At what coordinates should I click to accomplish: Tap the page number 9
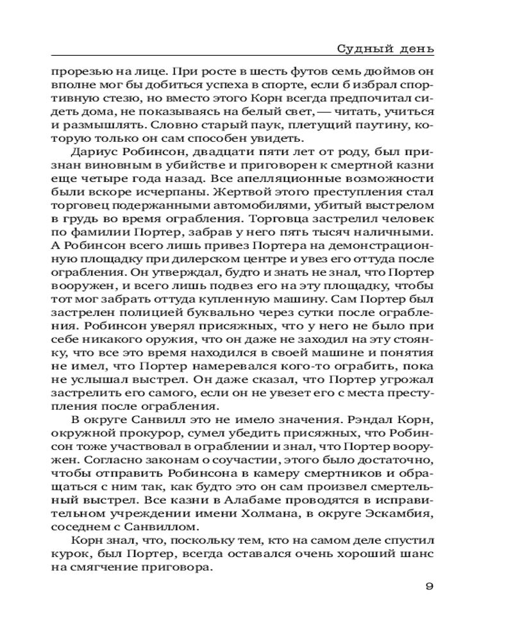pyautogui.click(x=429, y=587)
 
